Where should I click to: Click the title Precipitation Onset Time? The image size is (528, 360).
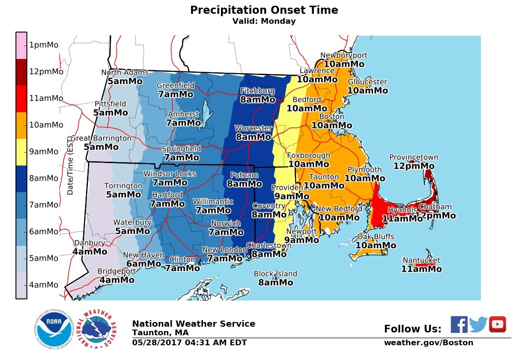264,10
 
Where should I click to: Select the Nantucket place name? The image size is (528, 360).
421,261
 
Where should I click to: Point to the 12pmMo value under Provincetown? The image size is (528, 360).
413,166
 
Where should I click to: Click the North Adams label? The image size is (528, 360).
125,73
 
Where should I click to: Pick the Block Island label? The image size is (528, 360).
275,274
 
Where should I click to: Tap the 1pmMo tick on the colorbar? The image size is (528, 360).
43,45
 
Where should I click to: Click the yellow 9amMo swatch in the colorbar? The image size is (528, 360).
21,152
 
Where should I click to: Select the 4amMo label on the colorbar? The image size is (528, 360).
43,285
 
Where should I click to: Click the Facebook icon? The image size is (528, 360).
459,324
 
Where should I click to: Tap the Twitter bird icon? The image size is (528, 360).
478,324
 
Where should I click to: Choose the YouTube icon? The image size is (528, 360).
497,324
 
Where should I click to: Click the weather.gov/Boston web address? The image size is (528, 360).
428,342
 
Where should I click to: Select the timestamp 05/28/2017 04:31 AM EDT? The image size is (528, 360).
189,342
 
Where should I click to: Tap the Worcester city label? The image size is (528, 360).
253,128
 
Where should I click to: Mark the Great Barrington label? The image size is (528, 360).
101,138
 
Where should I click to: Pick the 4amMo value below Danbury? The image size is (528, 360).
89,252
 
